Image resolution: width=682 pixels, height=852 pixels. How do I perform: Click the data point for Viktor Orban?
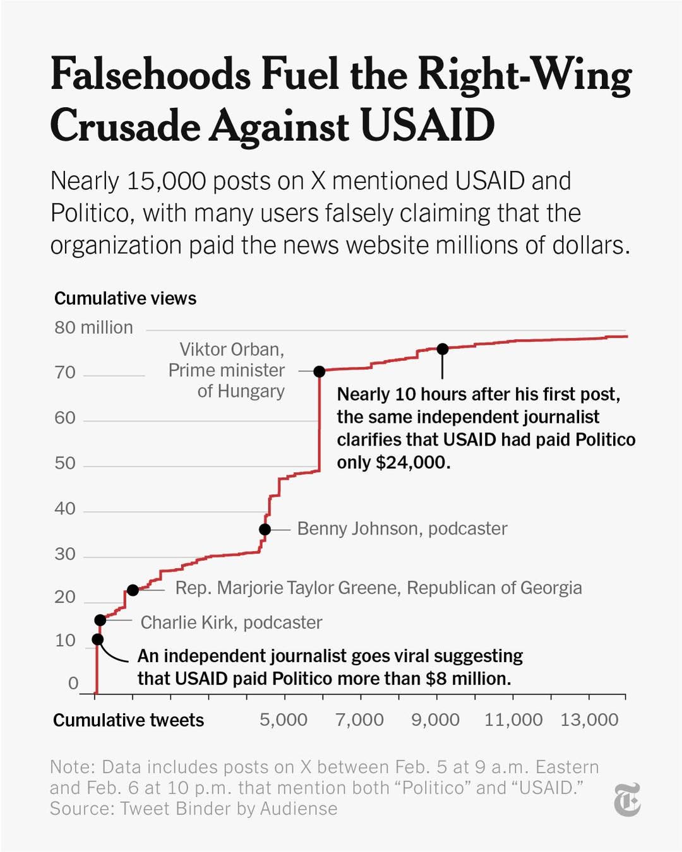320,372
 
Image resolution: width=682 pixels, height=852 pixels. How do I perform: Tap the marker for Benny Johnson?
265,530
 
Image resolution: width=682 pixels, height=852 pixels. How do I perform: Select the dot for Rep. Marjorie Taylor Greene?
133,590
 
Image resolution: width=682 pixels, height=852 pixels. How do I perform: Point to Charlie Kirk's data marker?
100,620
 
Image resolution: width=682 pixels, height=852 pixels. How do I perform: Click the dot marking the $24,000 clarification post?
443,349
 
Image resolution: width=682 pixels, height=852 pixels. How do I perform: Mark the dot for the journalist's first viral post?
97,639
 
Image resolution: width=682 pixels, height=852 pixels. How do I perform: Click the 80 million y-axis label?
93,328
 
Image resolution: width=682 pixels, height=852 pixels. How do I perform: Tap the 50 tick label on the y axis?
65,463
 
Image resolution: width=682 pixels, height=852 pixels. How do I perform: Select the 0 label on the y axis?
73,683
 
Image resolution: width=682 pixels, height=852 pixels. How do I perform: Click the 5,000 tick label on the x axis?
284,720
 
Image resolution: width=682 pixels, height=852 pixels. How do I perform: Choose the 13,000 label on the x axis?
589,720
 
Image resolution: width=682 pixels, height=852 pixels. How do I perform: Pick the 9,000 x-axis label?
436,720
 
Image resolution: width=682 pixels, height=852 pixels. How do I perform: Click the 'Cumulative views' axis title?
125,299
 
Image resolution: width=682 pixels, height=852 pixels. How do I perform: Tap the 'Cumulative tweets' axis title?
128,720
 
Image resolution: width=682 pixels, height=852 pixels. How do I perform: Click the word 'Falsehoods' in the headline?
150,75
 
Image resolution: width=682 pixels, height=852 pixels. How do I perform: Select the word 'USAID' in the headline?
428,125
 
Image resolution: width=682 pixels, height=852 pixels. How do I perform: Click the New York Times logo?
627,800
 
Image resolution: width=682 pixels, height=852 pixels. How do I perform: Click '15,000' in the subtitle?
167,181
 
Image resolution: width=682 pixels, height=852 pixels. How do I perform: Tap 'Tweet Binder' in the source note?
175,809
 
